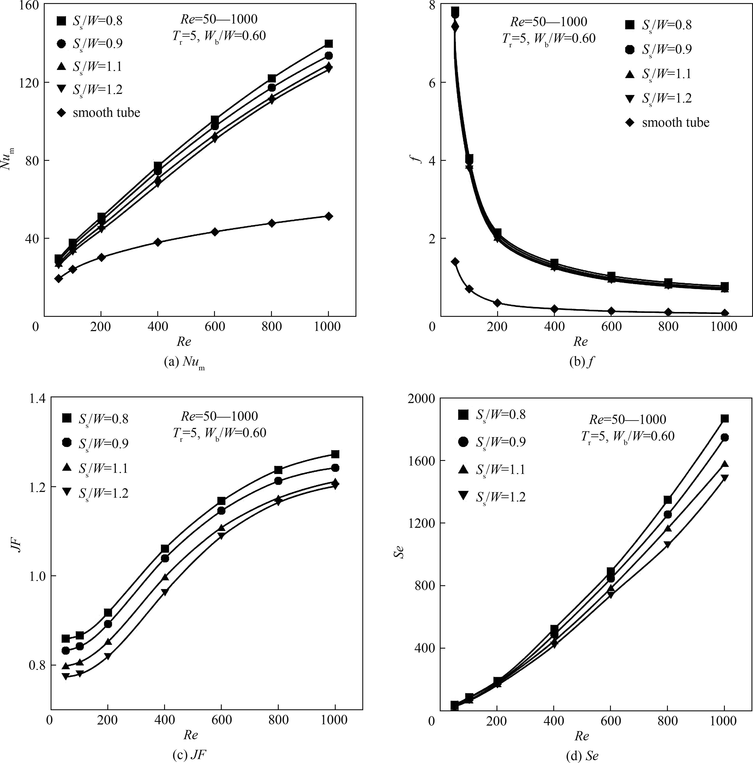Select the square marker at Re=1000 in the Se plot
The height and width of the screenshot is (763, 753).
[725, 419]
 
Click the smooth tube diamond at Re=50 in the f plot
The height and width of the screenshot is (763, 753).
[455, 261]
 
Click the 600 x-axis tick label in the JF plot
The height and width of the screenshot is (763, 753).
[222, 720]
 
